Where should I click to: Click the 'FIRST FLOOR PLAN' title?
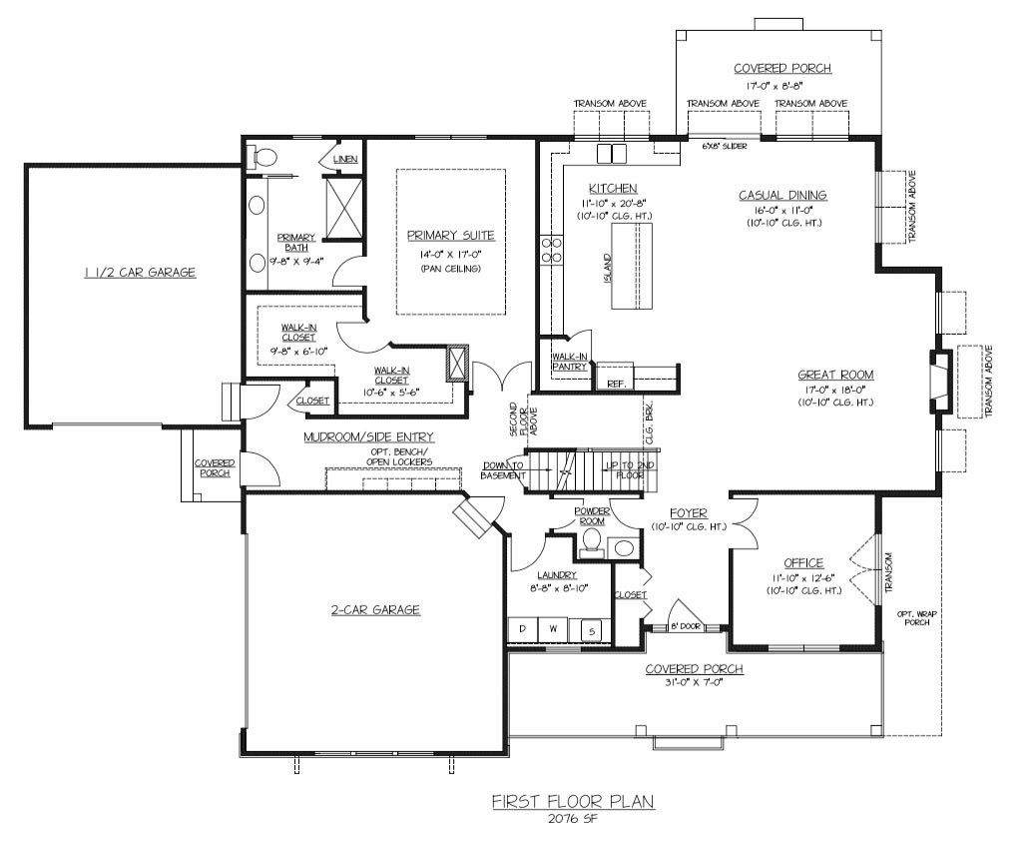click(x=573, y=801)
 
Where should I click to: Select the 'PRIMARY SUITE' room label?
click(x=450, y=236)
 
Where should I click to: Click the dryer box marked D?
click(x=523, y=628)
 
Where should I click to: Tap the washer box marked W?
click(x=553, y=628)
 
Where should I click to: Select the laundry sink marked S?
click(x=592, y=631)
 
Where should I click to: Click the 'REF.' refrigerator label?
click(x=615, y=384)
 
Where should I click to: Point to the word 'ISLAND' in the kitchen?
click(x=608, y=269)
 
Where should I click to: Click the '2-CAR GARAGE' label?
click(x=375, y=609)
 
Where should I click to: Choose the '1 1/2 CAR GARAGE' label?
click(x=140, y=272)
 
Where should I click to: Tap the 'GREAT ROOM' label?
click(x=835, y=375)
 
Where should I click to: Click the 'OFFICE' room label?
click(x=803, y=563)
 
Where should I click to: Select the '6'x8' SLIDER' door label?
click(x=724, y=146)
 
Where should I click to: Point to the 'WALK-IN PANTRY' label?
click(x=569, y=362)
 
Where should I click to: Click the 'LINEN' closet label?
click(x=346, y=159)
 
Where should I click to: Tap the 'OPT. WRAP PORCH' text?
click(x=916, y=617)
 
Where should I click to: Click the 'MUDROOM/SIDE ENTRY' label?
click(x=368, y=437)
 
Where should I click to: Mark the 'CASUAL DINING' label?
click(x=782, y=195)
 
